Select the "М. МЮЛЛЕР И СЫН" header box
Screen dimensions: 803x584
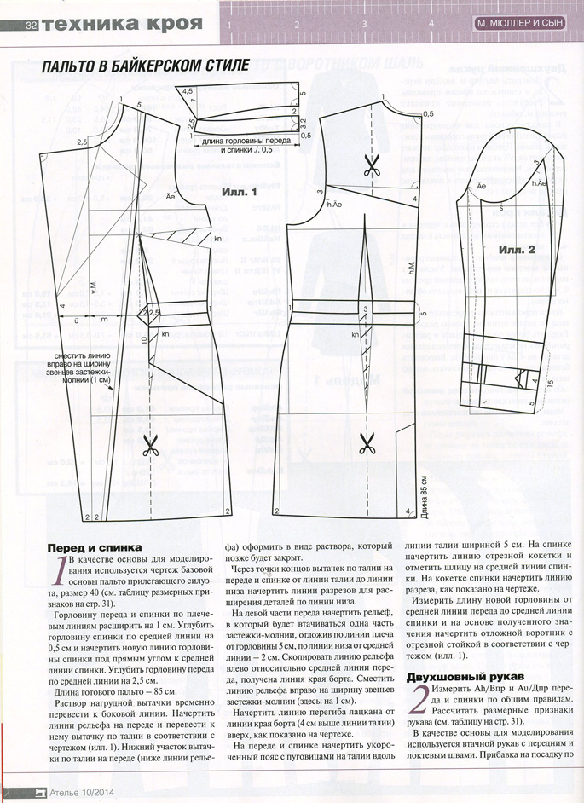[x=520, y=24]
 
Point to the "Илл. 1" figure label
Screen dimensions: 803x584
[x=241, y=192]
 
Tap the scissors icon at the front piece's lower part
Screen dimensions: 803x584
[x=151, y=445]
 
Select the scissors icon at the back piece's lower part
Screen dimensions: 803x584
[x=367, y=443]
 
